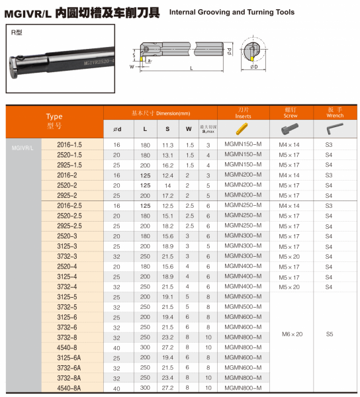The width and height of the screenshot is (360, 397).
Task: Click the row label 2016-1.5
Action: coord(69,145)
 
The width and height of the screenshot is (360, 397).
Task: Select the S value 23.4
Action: coord(167,378)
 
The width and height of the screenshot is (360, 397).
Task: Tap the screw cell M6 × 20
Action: coord(292,334)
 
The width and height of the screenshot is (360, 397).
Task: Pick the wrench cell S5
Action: coord(330,334)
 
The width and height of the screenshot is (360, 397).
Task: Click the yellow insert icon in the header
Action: coord(242,128)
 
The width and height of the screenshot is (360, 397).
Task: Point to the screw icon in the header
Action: coord(290,128)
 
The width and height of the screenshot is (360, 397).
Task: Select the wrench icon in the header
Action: coord(335,128)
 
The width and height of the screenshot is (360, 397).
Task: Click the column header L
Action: coord(145,129)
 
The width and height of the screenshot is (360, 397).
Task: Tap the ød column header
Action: coord(117,130)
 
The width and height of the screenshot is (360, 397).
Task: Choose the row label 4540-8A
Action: coord(69,388)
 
